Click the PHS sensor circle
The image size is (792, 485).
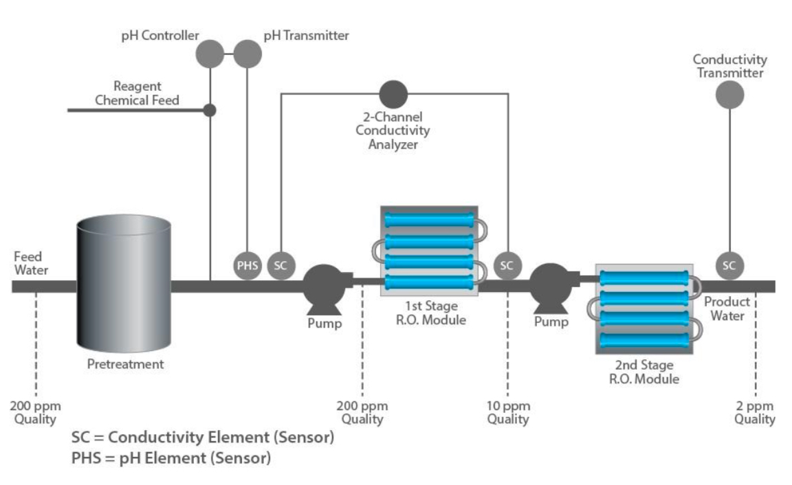[x=247, y=266]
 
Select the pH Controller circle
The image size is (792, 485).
[x=210, y=54]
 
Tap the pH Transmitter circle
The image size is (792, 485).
[x=247, y=54]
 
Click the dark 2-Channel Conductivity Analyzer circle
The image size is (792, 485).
[x=394, y=93]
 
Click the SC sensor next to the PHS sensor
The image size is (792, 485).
[x=280, y=266]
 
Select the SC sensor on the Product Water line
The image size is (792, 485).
[x=729, y=266]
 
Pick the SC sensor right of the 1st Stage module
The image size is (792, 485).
[x=507, y=266]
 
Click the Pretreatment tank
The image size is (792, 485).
[x=124, y=282]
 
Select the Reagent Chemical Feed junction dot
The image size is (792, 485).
[x=210, y=110]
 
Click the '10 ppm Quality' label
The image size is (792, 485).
[x=508, y=412]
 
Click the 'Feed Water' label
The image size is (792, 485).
[x=32, y=263]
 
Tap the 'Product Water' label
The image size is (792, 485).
[x=727, y=308]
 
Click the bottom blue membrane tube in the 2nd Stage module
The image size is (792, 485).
[x=644, y=340]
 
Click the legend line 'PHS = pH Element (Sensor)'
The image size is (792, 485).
[x=171, y=458]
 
